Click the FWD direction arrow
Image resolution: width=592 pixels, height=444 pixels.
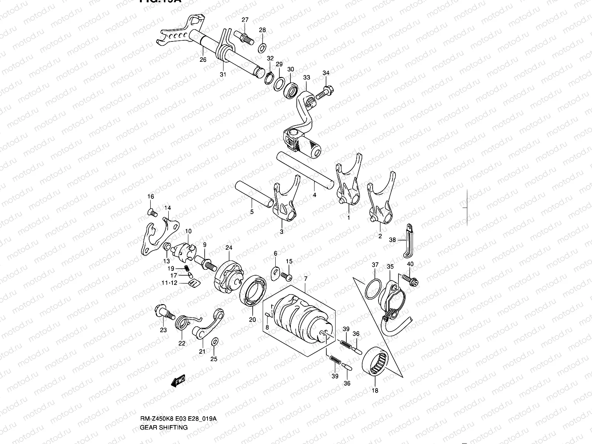[x=178, y=381]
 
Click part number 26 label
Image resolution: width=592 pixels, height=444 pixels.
[x=203, y=60]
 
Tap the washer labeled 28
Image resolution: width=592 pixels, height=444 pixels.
[x=262, y=47]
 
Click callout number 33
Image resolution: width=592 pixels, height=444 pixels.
[x=306, y=78]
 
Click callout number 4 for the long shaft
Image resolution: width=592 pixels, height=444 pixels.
[x=314, y=195]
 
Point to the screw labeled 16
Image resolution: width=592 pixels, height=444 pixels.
[x=152, y=212]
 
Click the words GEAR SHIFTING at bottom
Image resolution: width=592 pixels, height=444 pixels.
[x=164, y=427]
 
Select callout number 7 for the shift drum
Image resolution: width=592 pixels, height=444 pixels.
[x=305, y=278]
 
